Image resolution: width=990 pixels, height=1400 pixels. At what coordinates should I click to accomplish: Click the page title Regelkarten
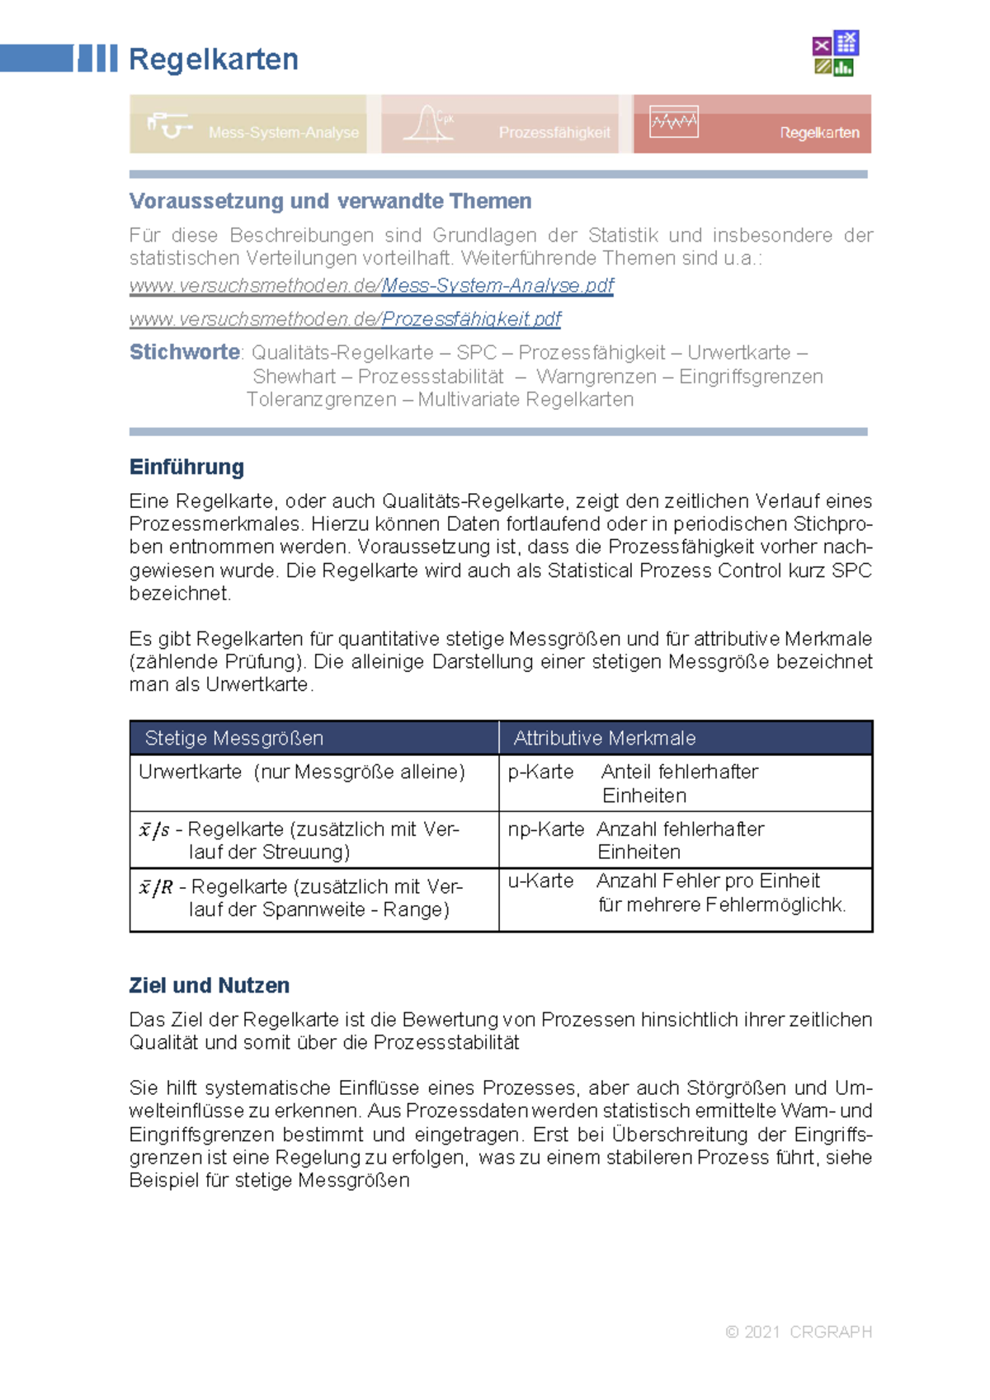pos(213,59)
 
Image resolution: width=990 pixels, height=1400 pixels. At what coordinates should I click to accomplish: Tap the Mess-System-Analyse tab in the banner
pos(283,132)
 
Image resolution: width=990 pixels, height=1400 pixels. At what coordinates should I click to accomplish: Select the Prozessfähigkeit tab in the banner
pos(554,132)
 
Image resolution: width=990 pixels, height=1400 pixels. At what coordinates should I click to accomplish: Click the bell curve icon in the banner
pos(427,124)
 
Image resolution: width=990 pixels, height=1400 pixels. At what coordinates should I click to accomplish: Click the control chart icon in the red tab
pos(673,122)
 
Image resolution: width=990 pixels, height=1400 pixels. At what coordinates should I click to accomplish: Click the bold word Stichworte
pos(184,352)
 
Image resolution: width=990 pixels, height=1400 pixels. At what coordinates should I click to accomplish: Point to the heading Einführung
pos(186,467)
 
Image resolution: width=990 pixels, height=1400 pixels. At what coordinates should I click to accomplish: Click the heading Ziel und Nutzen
pos(209,985)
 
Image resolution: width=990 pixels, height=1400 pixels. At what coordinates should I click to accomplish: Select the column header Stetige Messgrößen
pos(233,738)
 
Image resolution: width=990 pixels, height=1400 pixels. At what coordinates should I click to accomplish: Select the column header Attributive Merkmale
pos(604,738)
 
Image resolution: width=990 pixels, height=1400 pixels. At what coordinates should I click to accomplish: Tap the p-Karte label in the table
pos(540,772)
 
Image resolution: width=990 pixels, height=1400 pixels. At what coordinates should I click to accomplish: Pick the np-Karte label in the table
pos(545,829)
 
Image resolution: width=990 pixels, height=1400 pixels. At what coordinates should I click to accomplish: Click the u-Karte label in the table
pos(540,881)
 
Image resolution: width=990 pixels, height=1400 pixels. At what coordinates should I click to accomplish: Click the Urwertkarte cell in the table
pos(191,772)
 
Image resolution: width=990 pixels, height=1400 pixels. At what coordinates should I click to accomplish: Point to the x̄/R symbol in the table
pos(156,887)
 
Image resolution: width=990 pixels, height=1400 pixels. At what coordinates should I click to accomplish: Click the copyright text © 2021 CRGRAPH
pos(798,1332)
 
